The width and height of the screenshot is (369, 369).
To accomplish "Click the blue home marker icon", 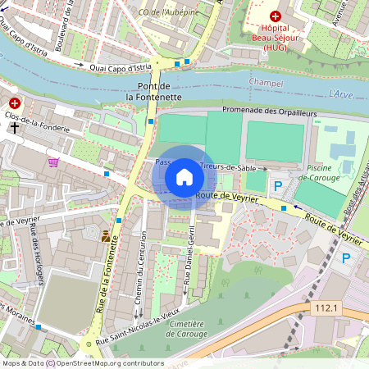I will pos(184,177).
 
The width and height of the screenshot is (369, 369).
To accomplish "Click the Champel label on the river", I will pos(265,84).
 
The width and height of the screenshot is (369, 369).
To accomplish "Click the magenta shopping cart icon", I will pos(54,162).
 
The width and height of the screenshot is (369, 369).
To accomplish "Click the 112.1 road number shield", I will pos(326,307).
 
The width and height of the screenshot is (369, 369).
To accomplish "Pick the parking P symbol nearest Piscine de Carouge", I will pos(277,188).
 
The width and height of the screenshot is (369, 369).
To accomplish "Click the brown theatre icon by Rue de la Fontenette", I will pos(105,236).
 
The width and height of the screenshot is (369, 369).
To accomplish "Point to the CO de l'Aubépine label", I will pos(171,12).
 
